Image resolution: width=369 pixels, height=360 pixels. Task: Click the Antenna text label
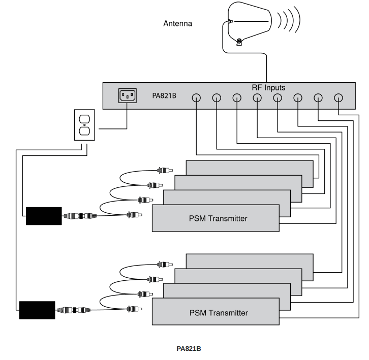(177, 23)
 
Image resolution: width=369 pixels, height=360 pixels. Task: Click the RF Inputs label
(268, 87)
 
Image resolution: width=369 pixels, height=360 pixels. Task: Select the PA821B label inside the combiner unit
(164, 95)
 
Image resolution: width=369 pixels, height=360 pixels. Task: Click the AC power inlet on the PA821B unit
(127, 95)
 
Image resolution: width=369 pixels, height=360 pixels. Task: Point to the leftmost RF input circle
(196, 98)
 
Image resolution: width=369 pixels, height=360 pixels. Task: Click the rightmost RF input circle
(339, 98)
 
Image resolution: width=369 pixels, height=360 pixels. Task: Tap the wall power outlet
(84, 124)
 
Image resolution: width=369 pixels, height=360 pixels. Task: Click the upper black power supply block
(44, 216)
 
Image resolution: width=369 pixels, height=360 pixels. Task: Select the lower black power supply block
(37, 310)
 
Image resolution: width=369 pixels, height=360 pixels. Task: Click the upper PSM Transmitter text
(218, 219)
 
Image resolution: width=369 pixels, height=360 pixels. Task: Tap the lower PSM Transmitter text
(218, 313)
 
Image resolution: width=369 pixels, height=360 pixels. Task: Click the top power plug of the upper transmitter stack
(165, 171)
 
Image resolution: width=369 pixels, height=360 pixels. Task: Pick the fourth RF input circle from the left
(257, 98)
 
